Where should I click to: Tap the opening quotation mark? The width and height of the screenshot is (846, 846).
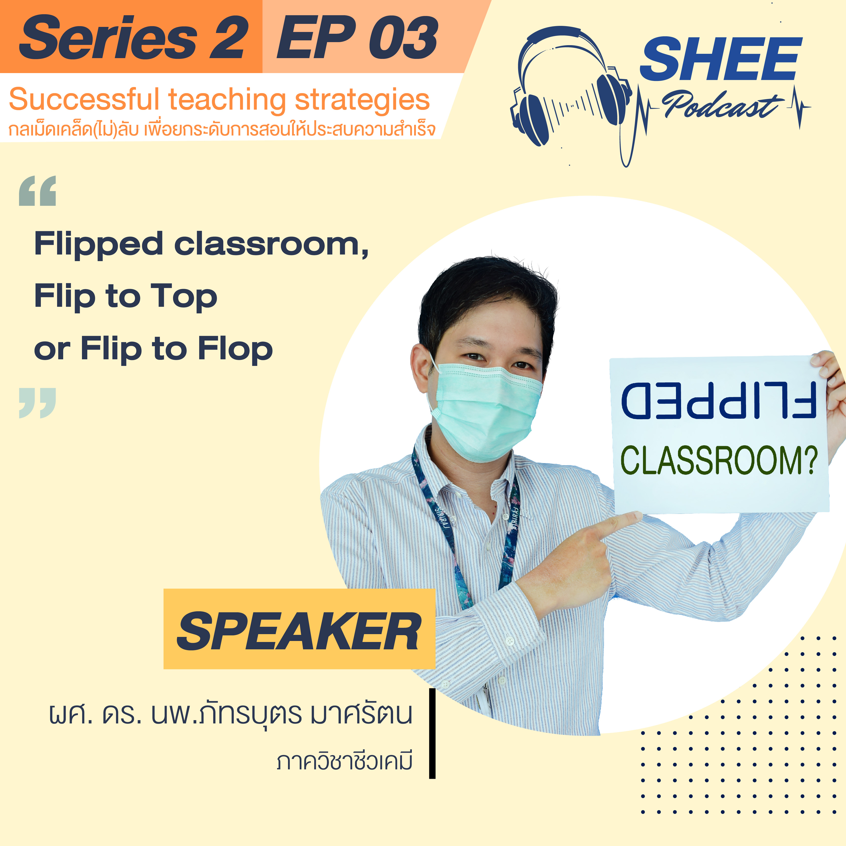(38, 191)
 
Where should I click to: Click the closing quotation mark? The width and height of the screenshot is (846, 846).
(38, 403)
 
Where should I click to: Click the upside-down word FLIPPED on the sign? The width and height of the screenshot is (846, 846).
(719, 400)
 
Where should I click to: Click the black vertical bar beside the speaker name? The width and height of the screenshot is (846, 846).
(432, 734)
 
